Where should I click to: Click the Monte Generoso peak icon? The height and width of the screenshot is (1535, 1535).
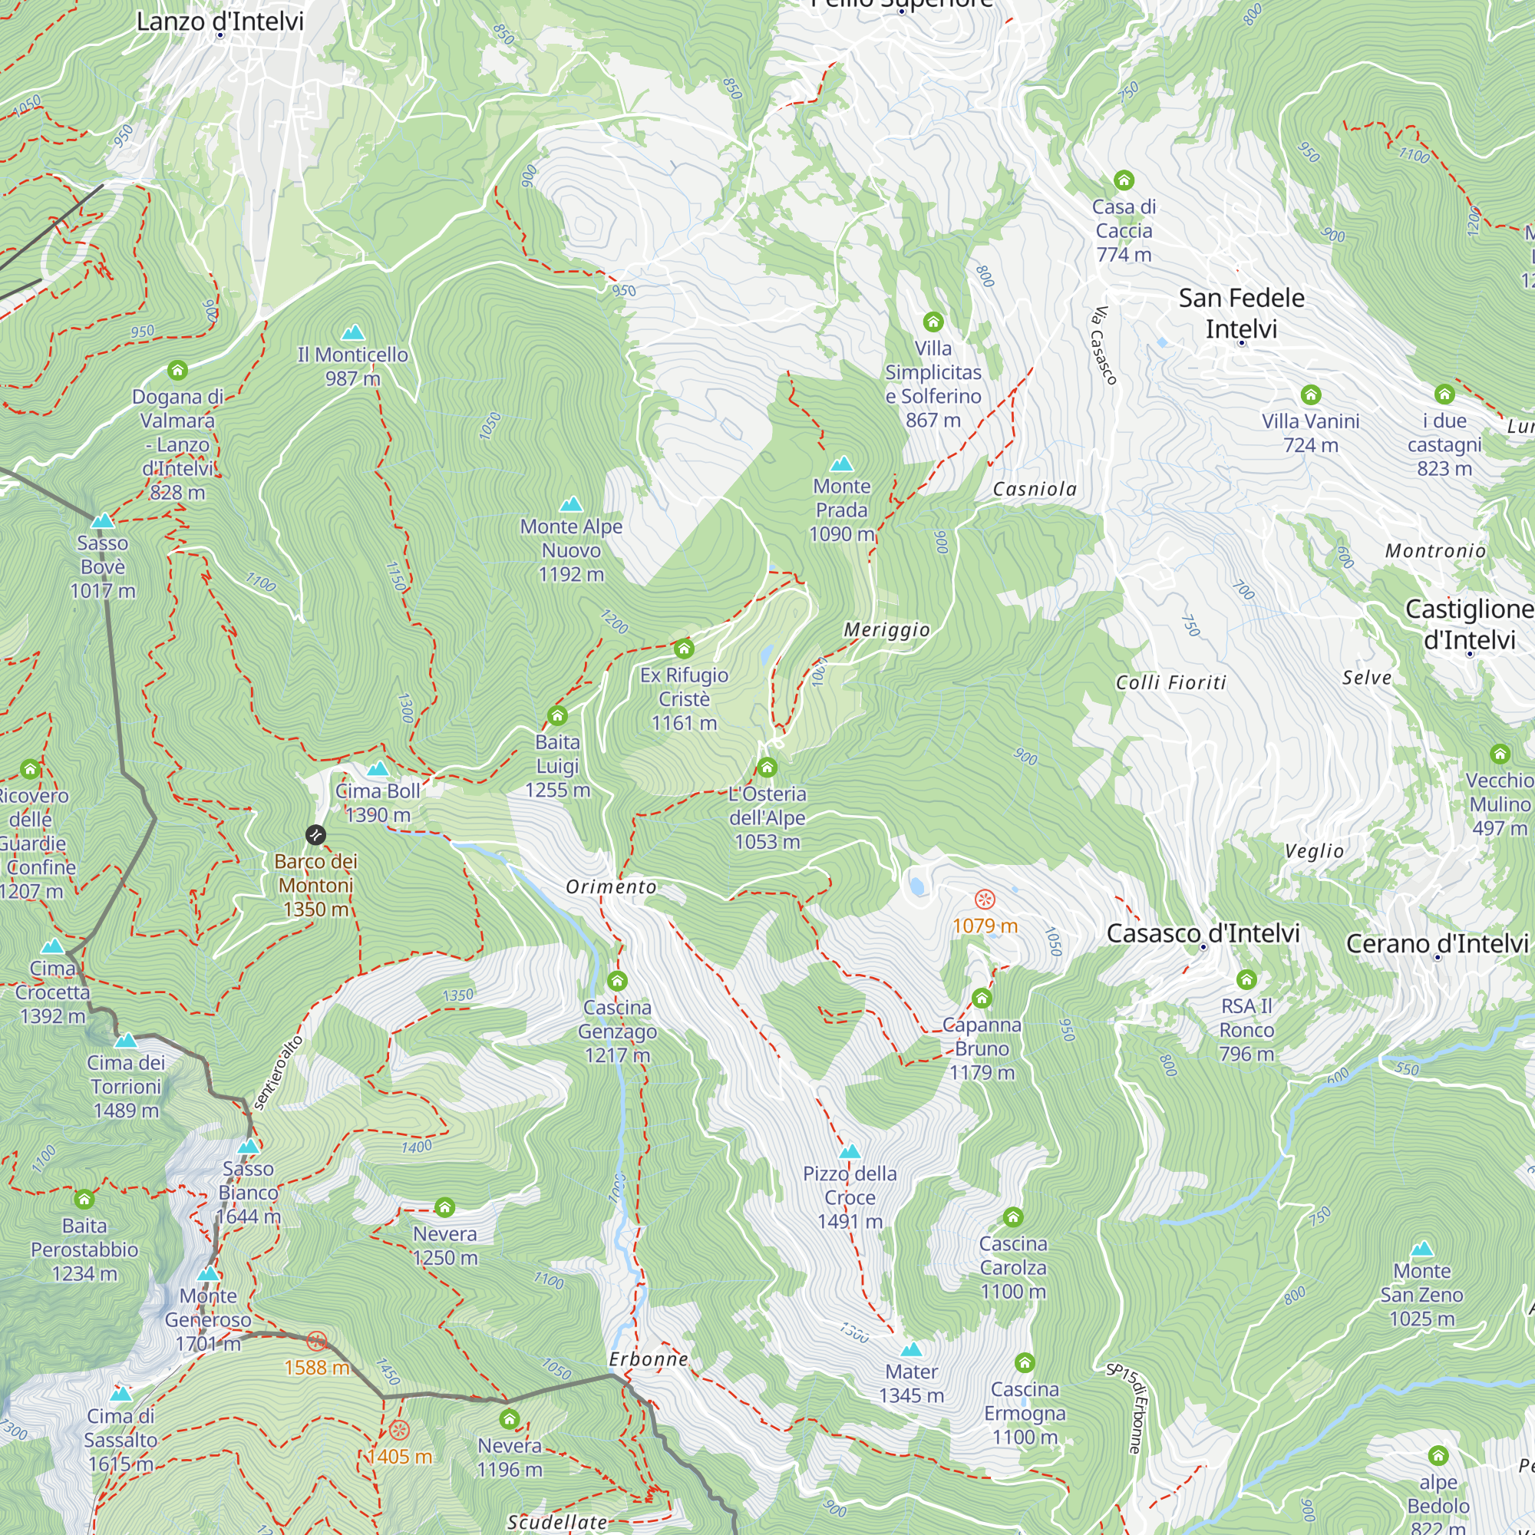(208, 1273)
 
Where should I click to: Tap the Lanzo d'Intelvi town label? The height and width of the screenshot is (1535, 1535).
(220, 21)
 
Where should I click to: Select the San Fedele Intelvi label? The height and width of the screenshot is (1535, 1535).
(1241, 313)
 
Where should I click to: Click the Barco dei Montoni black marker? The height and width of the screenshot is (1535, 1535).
(315, 835)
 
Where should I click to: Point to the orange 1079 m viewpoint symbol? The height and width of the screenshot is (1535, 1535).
(985, 900)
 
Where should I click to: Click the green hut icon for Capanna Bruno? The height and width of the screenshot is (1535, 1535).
(982, 998)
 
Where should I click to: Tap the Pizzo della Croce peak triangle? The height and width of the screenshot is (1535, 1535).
(850, 1152)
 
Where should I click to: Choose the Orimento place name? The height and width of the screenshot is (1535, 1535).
(611, 887)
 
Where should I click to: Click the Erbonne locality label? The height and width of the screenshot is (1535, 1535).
(649, 1359)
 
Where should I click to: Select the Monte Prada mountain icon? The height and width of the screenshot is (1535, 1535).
(841, 464)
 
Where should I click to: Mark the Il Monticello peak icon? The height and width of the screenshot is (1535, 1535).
(353, 333)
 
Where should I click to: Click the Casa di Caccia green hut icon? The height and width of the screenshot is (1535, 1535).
(1124, 180)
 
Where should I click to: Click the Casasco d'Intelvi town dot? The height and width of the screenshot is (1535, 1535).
(1203, 947)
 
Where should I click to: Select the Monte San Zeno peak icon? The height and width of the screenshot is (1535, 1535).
(1422, 1249)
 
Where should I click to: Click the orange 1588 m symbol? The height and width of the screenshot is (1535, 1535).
(316, 1342)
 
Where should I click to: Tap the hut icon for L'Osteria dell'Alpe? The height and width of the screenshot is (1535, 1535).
(767, 767)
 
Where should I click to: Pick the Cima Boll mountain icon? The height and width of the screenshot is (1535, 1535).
(378, 768)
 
